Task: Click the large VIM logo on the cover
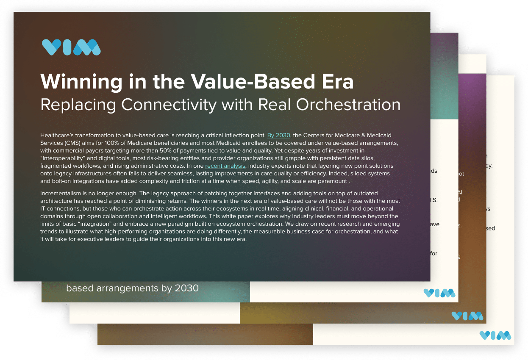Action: [71, 47]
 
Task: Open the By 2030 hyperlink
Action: [278, 136]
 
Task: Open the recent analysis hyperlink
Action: [225, 166]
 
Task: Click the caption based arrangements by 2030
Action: [132, 289]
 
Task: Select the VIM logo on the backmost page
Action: [495, 335]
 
